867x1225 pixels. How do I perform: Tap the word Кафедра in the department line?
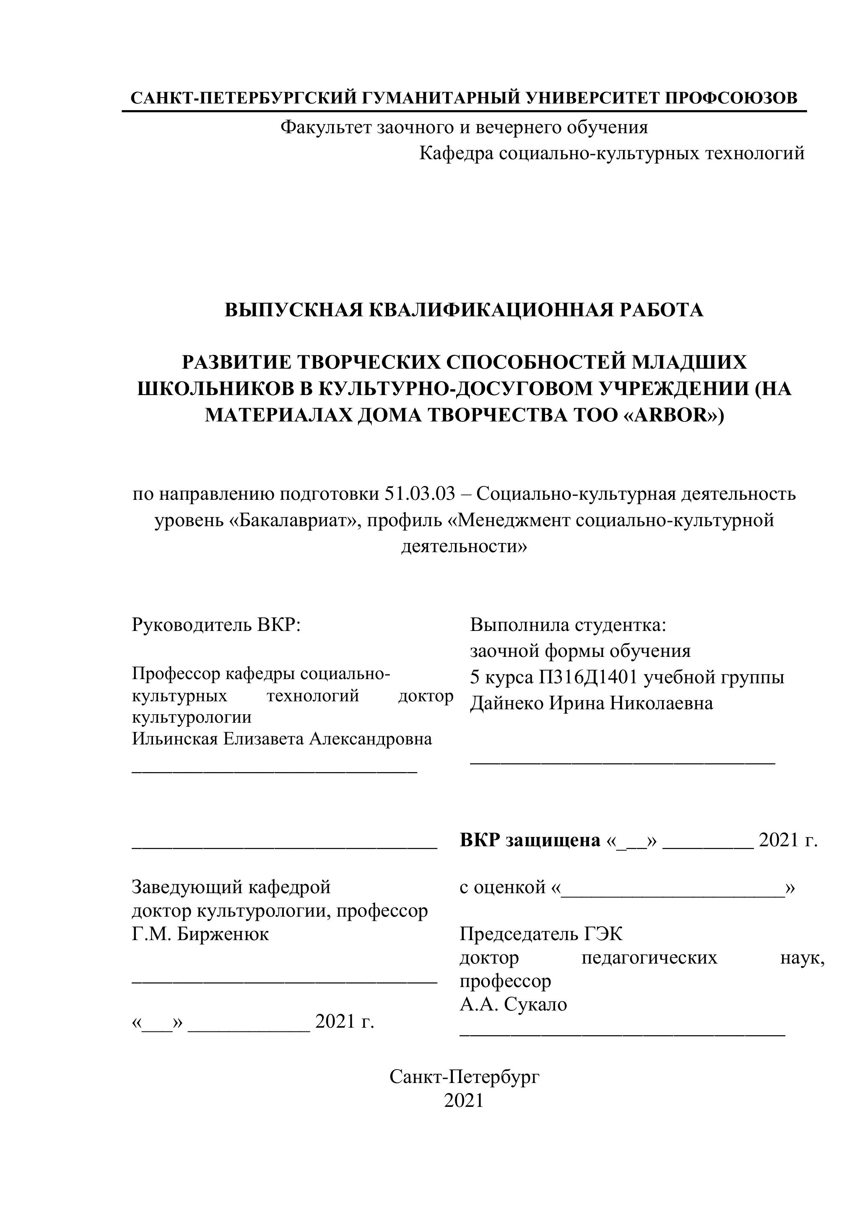pos(455,154)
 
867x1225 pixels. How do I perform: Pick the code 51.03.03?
pos(419,494)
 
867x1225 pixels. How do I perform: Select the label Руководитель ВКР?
pos(216,625)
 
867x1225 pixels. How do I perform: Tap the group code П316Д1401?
pos(588,677)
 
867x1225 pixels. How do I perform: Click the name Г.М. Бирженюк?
pos(200,934)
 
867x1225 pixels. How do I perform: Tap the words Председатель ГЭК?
pos(541,934)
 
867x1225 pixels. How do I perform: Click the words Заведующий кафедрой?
pos(231,887)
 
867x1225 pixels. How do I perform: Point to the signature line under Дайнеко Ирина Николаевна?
pos(622,764)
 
